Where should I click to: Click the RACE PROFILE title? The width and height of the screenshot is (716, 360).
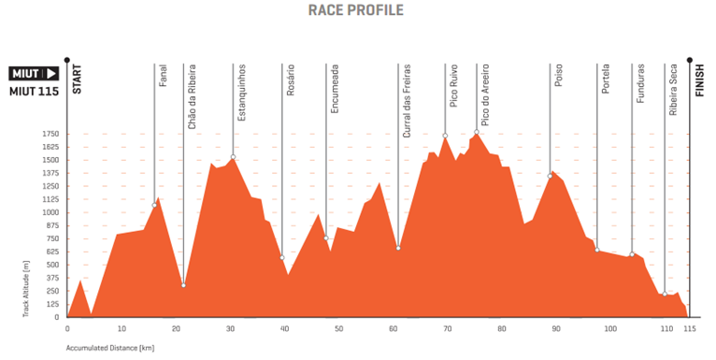click(356, 10)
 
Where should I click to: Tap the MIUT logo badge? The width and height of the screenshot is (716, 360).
click(35, 73)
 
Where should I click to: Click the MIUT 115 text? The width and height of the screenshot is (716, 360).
click(34, 91)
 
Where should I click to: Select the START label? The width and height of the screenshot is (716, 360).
click(78, 79)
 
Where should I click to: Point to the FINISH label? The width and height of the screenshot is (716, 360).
click(699, 79)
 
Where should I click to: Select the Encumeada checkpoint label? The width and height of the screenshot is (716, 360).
click(335, 89)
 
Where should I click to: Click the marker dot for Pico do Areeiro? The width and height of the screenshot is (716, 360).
click(476, 133)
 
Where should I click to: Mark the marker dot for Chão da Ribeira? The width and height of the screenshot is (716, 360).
click(183, 284)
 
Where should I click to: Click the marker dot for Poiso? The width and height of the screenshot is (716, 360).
click(550, 175)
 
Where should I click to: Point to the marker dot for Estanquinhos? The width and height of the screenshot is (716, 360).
click(233, 156)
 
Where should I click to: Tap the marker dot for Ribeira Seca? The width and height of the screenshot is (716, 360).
click(664, 295)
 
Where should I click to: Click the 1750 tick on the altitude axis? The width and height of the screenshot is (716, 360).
click(50, 134)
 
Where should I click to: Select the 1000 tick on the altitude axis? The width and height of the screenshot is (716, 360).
click(50, 212)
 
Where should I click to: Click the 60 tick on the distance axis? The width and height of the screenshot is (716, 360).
click(393, 329)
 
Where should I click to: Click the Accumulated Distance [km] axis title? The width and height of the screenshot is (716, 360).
click(109, 347)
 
